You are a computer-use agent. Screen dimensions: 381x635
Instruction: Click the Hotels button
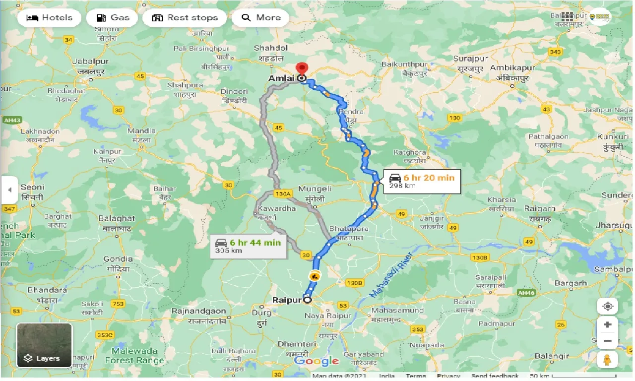point(49,18)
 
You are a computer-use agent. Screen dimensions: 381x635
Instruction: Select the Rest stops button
point(184,18)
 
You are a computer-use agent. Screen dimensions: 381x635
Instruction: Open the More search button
point(261,18)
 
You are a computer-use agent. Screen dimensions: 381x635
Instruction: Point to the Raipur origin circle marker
point(308,300)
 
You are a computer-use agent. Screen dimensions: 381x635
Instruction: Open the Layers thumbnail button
point(44,345)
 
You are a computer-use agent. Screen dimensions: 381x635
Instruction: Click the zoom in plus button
point(608,324)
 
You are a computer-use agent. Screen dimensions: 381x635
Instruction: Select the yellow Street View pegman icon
point(608,359)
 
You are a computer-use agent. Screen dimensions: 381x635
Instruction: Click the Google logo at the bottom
point(317,361)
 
